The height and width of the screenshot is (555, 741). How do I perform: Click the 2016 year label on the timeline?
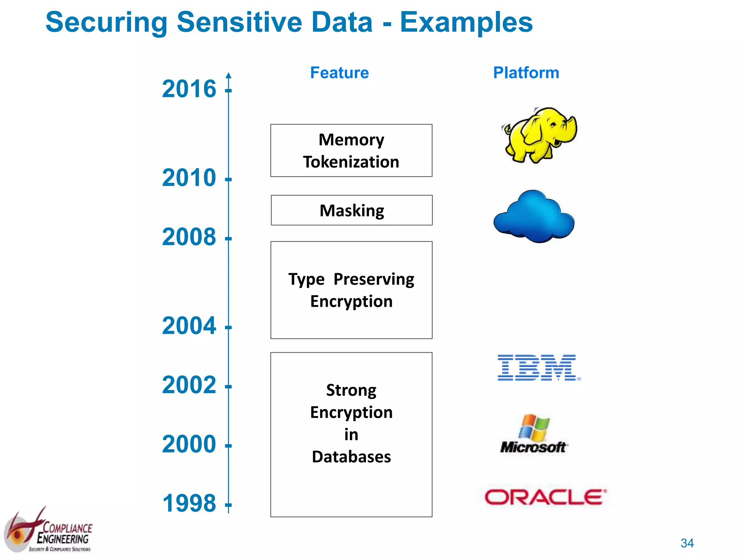[189, 89]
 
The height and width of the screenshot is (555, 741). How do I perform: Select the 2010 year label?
[189, 178]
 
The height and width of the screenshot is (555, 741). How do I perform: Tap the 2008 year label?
[189, 237]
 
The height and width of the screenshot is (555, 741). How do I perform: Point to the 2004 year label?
[189, 326]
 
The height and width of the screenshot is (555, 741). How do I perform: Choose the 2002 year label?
[189, 385]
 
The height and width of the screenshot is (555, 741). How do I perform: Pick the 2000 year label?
[189, 444]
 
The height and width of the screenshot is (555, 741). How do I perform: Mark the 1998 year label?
[189, 503]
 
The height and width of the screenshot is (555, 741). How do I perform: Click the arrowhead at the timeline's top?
[228, 76]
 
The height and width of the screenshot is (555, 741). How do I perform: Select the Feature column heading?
[339, 73]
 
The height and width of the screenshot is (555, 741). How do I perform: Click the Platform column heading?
[526, 73]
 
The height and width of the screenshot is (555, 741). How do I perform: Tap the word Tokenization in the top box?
[351, 162]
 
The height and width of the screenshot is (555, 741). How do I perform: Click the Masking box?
[352, 210]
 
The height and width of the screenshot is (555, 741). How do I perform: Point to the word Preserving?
[374, 279]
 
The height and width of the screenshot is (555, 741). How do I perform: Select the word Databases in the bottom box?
[351, 457]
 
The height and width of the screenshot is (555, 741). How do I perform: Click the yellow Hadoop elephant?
[539, 134]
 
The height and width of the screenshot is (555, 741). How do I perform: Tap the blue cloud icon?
[534, 217]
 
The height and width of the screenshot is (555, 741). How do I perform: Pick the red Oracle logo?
[545, 497]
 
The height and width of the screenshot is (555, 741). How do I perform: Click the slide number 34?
[687, 543]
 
